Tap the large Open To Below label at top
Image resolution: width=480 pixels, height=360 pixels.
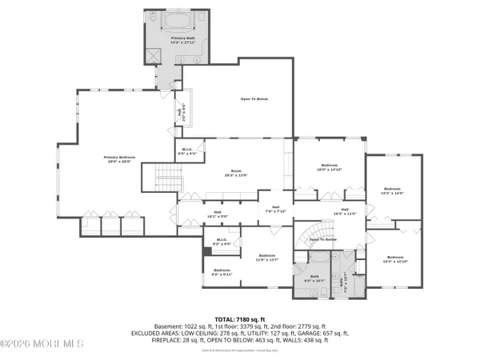[254, 99]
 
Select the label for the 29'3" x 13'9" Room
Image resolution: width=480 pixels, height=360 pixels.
[236, 173]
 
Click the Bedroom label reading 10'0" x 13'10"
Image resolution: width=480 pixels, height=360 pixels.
[329, 167]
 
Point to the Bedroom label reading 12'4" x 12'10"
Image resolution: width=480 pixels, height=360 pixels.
[395, 259]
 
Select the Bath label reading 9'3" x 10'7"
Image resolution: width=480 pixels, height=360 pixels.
[318, 278]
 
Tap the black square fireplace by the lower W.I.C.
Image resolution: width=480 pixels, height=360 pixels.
[207, 251]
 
